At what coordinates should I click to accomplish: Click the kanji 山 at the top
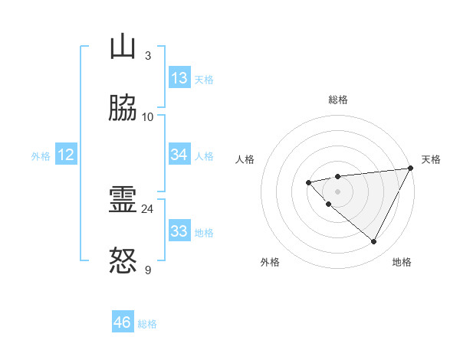point(123,47)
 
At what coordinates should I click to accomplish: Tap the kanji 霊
point(123,201)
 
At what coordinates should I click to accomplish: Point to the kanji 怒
point(123,261)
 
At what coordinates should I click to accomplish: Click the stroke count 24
point(147,208)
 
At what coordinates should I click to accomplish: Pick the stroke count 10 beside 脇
point(147,116)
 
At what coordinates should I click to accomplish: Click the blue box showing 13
point(179,78)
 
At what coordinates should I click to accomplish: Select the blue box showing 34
point(179,155)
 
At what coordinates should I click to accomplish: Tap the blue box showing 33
point(179,231)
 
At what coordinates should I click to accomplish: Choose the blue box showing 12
point(66,155)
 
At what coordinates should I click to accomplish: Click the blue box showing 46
point(123,322)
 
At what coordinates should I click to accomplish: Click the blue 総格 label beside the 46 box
point(147,324)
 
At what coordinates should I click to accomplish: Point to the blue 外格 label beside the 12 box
point(41,156)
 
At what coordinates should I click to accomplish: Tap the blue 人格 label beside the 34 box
point(204,156)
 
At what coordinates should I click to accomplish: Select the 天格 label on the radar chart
point(431,159)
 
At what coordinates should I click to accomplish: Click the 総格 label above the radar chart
point(337,100)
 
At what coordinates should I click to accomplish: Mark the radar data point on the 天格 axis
point(411,169)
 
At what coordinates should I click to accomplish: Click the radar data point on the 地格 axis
point(373,242)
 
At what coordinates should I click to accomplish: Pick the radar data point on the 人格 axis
point(308,182)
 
